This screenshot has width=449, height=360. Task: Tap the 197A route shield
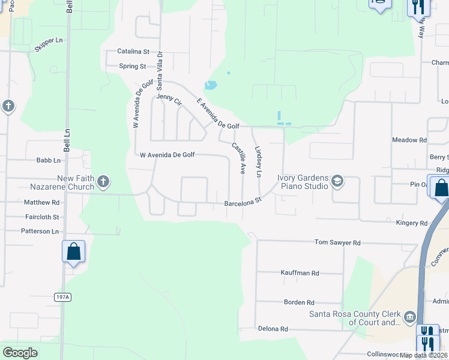tap(62, 297)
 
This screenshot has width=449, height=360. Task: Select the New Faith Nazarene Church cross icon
tap(103, 181)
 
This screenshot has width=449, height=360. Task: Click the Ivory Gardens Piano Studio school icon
tap(337, 181)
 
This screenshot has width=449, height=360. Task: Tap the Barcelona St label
tap(243, 202)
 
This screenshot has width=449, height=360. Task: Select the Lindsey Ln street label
tap(259, 161)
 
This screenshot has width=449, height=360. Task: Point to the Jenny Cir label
tap(169, 99)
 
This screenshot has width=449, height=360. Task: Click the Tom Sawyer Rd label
tap(338, 242)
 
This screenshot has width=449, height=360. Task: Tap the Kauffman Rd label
tap(300, 272)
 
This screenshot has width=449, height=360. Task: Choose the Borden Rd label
tap(299, 302)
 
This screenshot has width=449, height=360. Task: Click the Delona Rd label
tap(273, 329)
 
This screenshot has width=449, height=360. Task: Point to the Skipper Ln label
tap(49, 44)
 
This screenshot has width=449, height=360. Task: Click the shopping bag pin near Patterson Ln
tap(73, 251)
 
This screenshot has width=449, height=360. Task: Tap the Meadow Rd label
tap(409, 140)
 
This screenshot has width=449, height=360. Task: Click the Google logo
tap(20, 353)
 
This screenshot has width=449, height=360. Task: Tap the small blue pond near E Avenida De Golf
tap(210, 85)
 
